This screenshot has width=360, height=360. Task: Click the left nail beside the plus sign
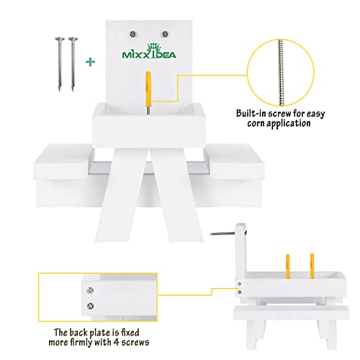pos(60,64)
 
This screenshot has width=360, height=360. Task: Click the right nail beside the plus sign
pos(73,64)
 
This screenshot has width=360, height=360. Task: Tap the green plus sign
pos(91,62)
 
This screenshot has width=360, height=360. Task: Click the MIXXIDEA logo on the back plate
pos(149,51)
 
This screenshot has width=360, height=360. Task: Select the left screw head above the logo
pos(132,34)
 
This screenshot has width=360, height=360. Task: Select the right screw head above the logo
pos(165,34)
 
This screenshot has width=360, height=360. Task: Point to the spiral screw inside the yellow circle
pos(281,73)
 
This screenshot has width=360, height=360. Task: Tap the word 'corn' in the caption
pos(256,124)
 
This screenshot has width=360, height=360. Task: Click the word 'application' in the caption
pos(289,124)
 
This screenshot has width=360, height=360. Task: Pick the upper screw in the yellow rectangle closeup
pos(90,290)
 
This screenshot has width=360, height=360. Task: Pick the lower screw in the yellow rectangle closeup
pos(90,306)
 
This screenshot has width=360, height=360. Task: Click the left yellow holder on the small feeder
pos(288,266)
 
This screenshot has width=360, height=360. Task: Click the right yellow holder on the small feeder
pos(312,266)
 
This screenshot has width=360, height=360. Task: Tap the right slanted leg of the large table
pos(176,195)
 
